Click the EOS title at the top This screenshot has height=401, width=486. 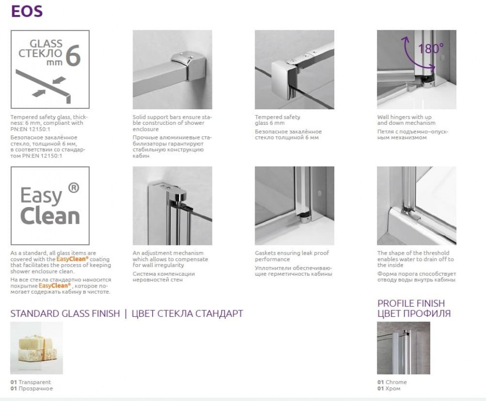pyautogui.click(x=27, y=12)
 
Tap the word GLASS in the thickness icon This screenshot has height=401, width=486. pyautogui.click(x=46, y=44)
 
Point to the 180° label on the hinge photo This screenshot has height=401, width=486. pyautogui.click(x=431, y=48)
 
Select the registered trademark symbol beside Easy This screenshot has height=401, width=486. pyautogui.click(x=73, y=187)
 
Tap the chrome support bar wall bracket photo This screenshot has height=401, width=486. pyautogui.click(x=172, y=69)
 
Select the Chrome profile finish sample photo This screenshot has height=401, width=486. pyautogui.click(x=404, y=348)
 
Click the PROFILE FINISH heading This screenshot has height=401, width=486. pyautogui.click(x=411, y=303)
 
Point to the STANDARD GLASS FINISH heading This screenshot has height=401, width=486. pyautogui.click(x=65, y=313)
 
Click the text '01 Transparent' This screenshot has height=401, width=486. pyautogui.click(x=30, y=382)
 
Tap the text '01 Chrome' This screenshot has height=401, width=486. pyautogui.click(x=392, y=382)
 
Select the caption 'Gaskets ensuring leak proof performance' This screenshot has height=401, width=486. pyautogui.click(x=292, y=256)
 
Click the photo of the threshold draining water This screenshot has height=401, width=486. pyautogui.click(x=417, y=206)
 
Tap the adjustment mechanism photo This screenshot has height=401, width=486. pyautogui.click(x=172, y=206)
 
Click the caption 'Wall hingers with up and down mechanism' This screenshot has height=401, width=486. pyautogui.click(x=406, y=120)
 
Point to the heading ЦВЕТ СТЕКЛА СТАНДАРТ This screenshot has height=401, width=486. pyautogui.click(x=187, y=313)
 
